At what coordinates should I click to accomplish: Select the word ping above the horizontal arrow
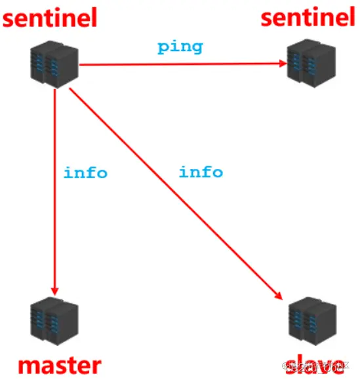point(180,47)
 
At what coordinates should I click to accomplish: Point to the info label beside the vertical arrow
point(85,173)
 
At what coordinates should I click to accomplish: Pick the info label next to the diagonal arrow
point(201,172)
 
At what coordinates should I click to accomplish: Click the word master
point(60,365)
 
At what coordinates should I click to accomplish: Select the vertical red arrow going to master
point(55,190)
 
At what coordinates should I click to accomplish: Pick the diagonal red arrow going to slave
point(174,190)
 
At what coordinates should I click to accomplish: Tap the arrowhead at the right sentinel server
point(283,64)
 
